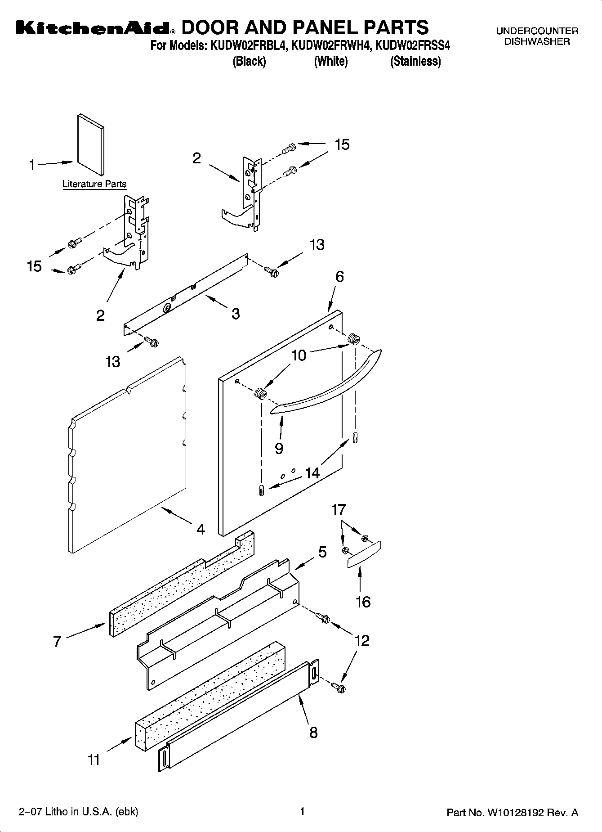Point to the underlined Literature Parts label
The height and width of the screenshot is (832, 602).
pyautogui.click(x=94, y=184)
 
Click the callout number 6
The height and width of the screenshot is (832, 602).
pyautogui.click(x=339, y=277)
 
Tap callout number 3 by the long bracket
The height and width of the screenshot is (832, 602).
pyautogui.click(x=236, y=314)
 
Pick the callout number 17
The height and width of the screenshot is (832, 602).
pyautogui.click(x=339, y=510)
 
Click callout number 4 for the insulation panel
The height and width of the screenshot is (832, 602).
pyautogui.click(x=201, y=529)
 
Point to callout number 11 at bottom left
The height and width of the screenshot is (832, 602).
pyautogui.click(x=94, y=760)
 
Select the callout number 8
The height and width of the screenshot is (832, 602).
pyautogui.click(x=313, y=733)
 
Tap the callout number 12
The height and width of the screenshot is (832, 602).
pyautogui.click(x=362, y=640)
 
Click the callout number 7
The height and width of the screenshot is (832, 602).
pyautogui.click(x=57, y=641)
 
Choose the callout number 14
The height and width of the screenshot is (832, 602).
pyautogui.click(x=312, y=473)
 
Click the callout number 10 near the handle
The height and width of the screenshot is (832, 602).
pyautogui.click(x=299, y=355)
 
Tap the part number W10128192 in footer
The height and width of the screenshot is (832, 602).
pyautogui.click(x=516, y=813)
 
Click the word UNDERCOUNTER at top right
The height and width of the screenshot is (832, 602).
pyautogui.click(x=537, y=31)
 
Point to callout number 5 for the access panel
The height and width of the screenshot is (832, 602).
pyautogui.click(x=322, y=552)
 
